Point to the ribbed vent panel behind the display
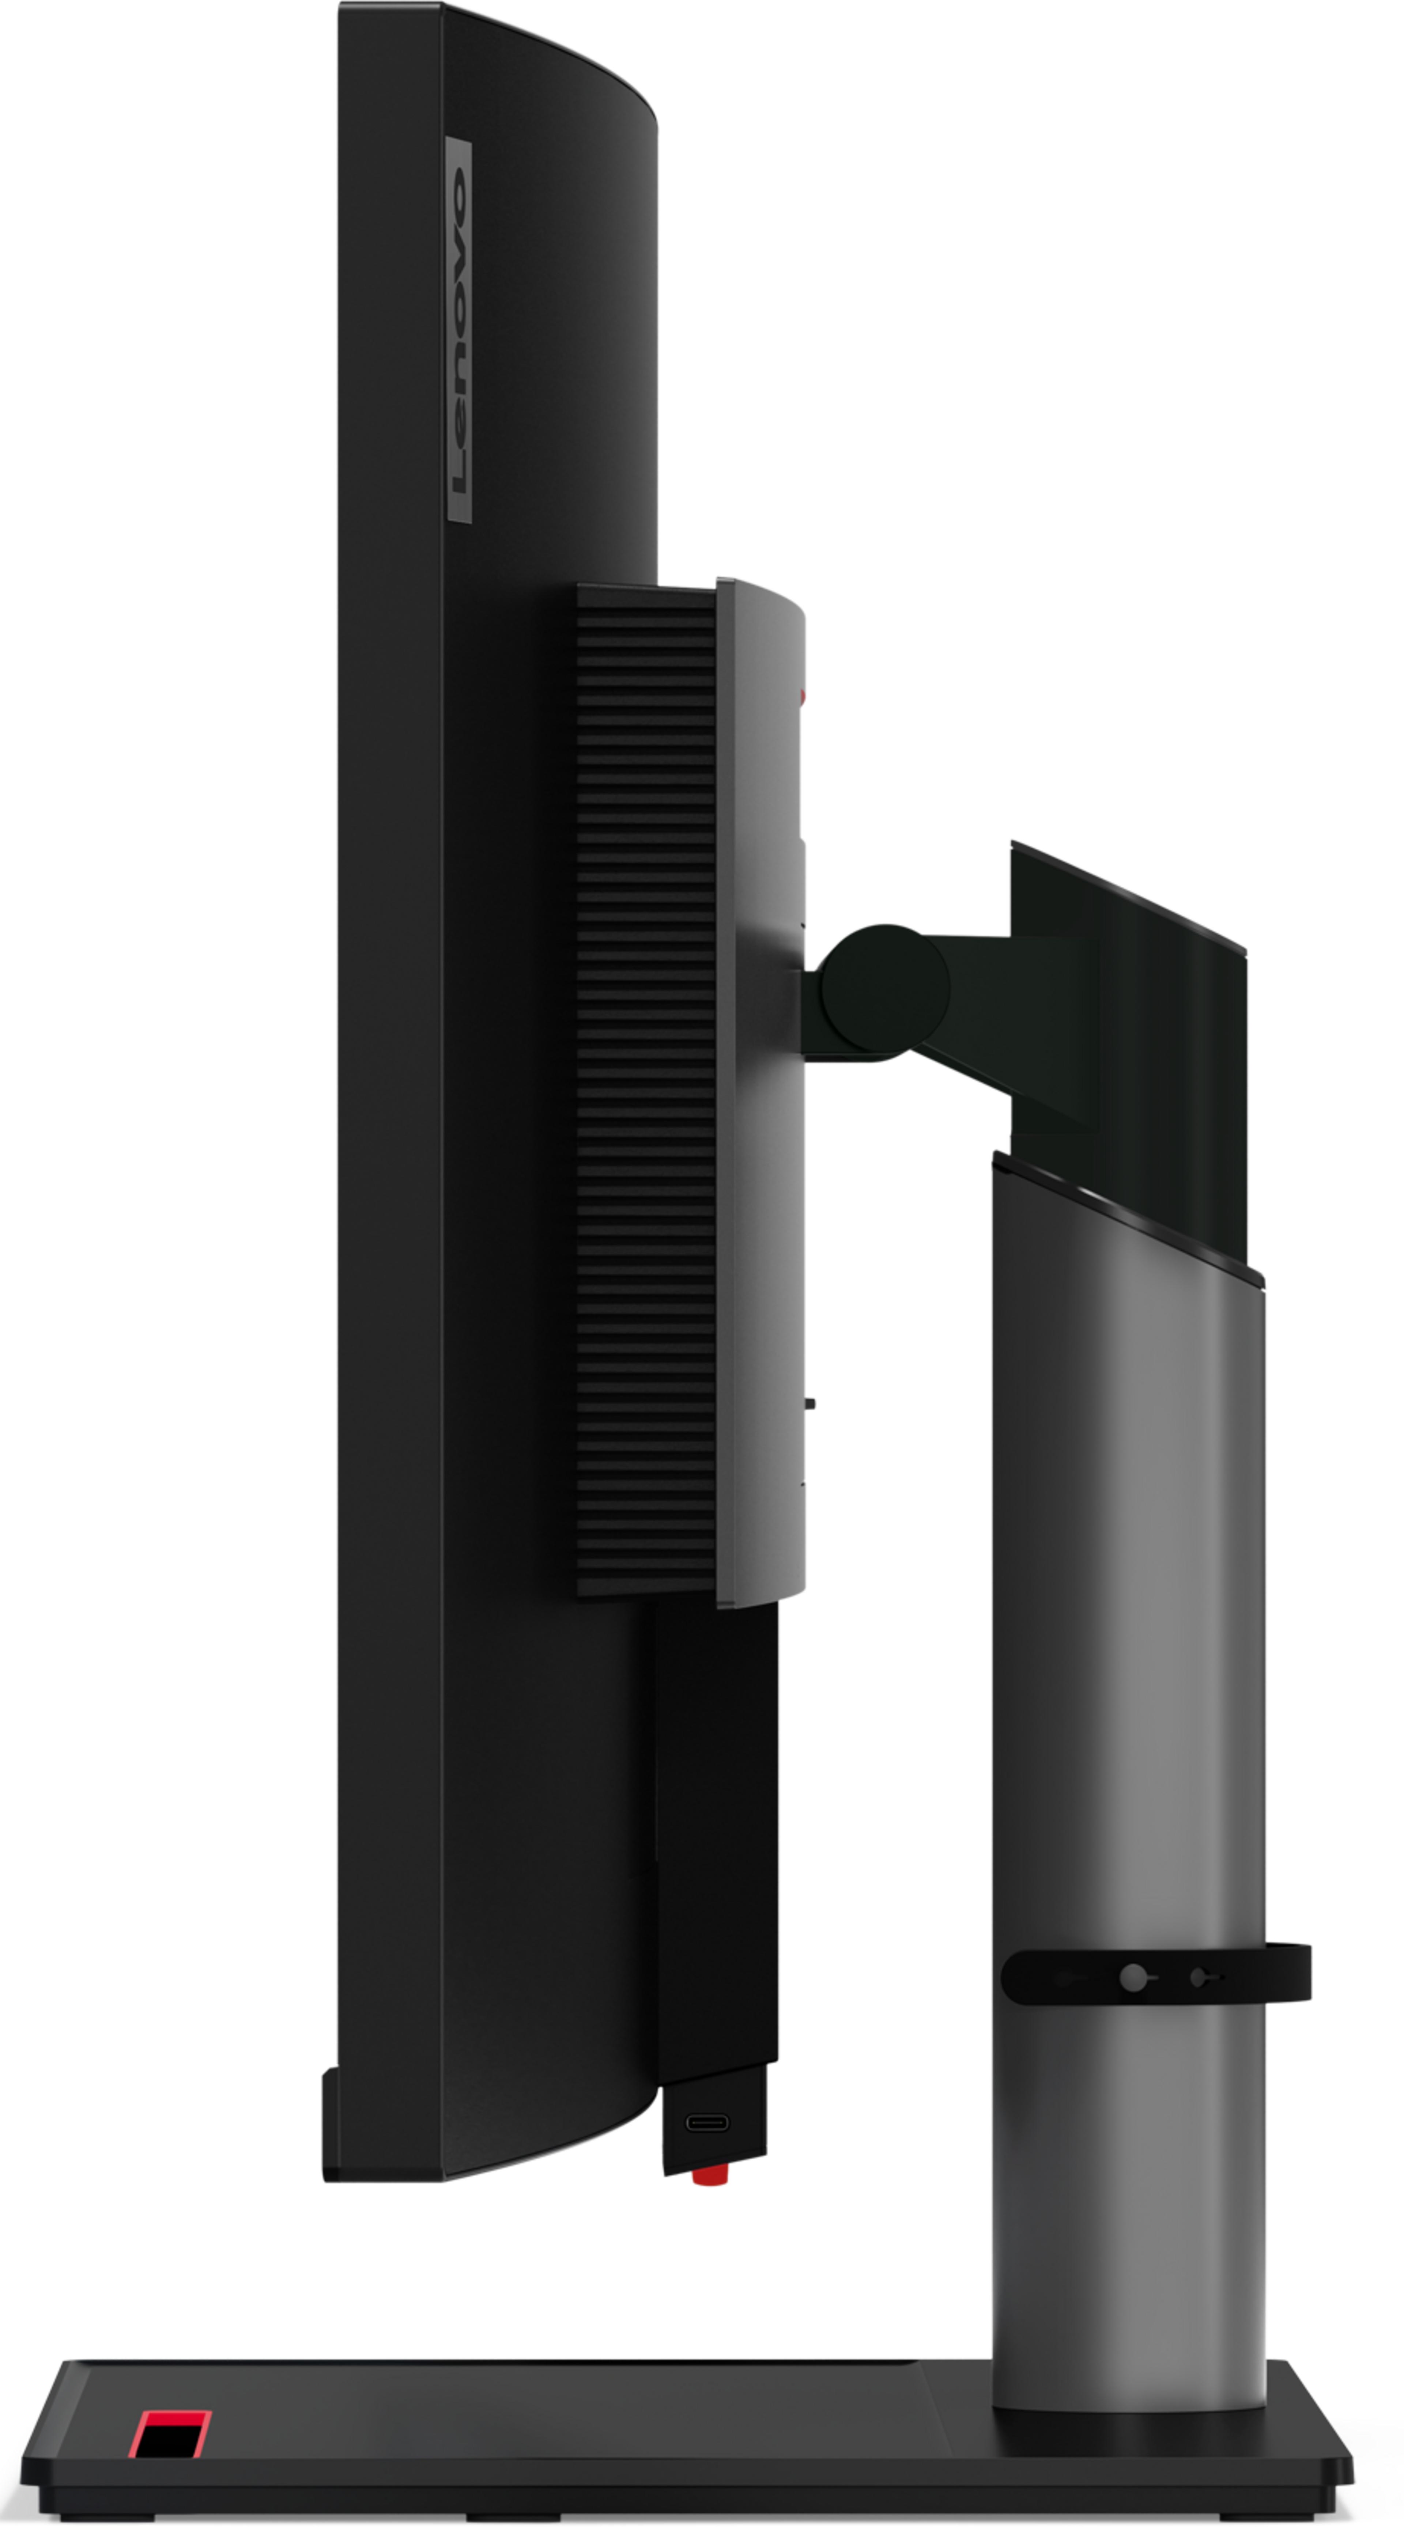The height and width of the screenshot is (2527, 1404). tap(646, 1089)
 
